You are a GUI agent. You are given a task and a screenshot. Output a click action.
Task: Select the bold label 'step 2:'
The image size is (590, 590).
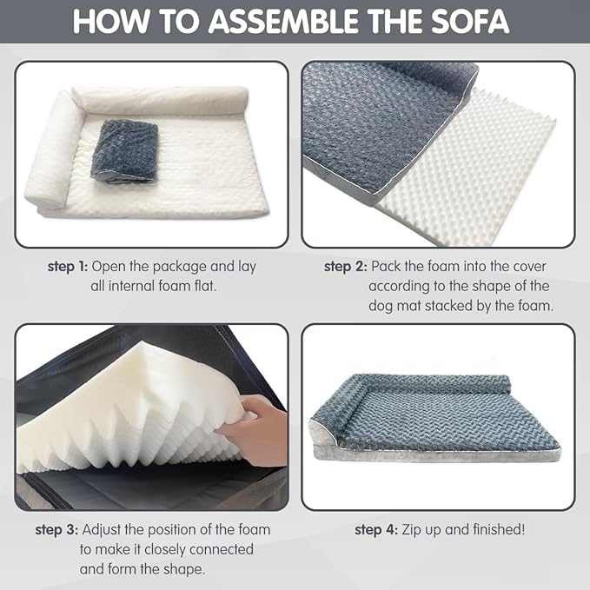tap(344, 267)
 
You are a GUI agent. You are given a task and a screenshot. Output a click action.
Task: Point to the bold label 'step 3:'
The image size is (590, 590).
tap(56, 529)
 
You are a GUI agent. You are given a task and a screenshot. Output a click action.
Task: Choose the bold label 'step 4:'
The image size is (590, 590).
tap(374, 529)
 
